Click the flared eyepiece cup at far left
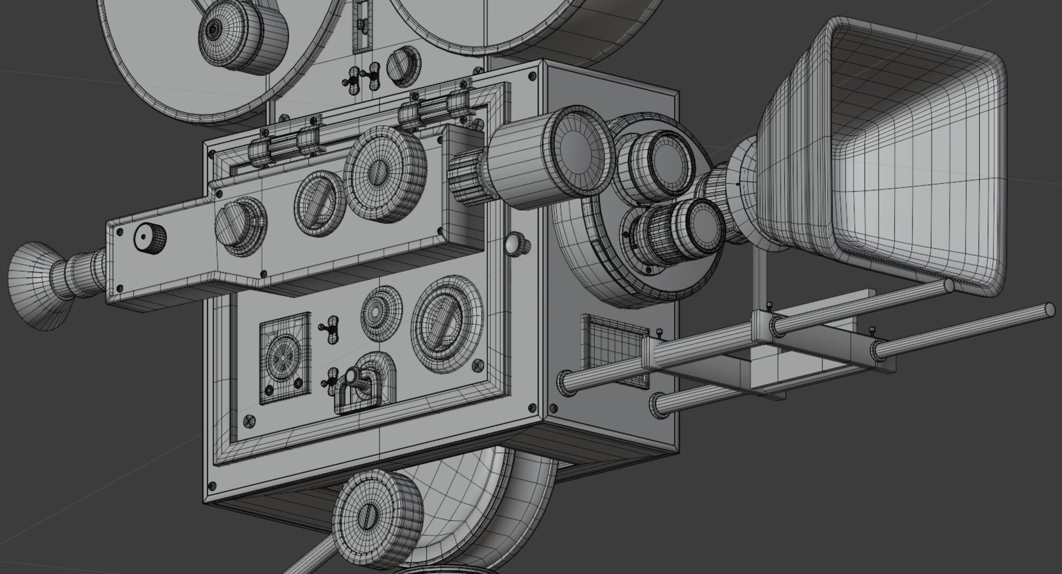click(x=36, y=285)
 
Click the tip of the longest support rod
click(x=1048, y=310)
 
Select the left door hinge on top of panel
click(x=285, y=145)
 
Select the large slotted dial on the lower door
click(x=446, y=323)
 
